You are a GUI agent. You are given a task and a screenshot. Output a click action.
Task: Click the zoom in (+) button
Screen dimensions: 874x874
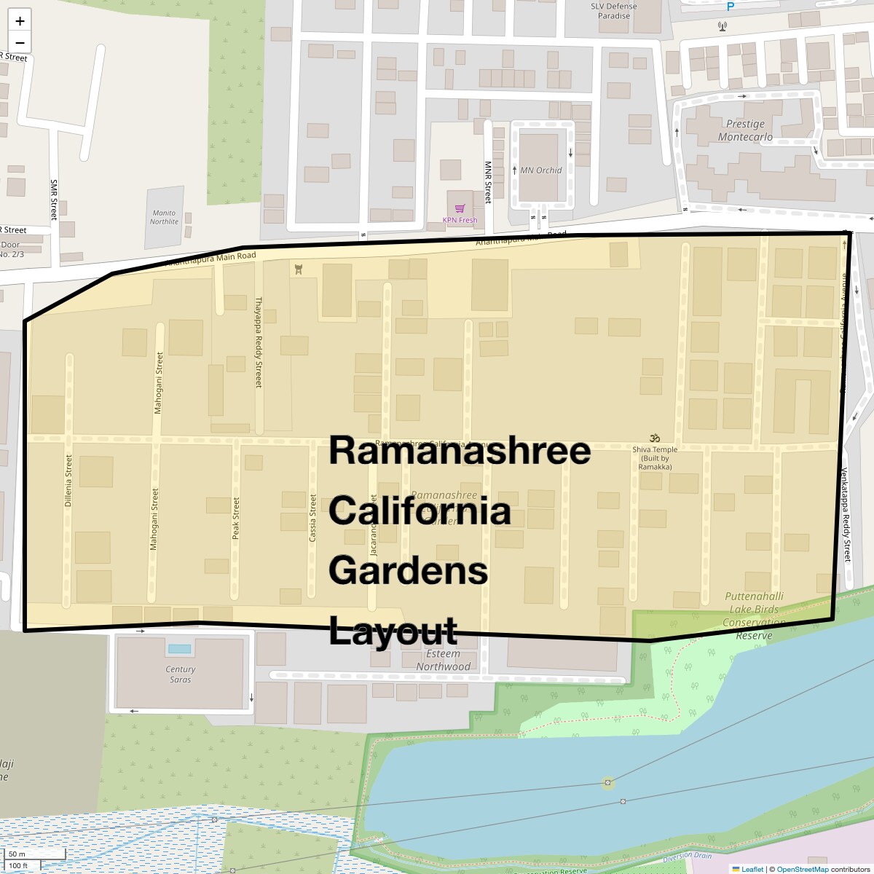click(20, 21)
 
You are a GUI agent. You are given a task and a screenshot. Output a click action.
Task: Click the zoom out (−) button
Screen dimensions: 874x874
click(20, 42)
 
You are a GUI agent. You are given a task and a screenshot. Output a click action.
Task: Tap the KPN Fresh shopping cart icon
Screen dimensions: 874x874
click(460, 209)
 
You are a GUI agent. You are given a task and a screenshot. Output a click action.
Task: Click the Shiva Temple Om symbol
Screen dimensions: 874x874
click(655, 438)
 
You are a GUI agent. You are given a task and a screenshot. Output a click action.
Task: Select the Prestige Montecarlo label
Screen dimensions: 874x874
click(745, 130)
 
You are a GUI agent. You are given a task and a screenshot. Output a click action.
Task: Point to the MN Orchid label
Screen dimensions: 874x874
click(540, 170)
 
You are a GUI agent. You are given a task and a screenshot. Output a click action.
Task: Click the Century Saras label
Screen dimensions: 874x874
click(180, 674)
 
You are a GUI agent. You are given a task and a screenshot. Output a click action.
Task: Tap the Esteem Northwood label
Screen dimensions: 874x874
click(443, 660)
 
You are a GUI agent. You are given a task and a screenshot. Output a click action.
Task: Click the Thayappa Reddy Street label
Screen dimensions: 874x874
click(259, 342)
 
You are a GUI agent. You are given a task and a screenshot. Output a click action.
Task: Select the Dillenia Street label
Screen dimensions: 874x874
click(68, 481)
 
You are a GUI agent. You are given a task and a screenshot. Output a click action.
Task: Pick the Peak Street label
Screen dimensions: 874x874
click(235, 518)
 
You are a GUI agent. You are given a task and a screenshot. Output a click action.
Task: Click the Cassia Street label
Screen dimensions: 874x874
click(312, 518)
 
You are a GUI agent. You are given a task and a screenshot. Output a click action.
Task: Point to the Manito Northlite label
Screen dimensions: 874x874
click(164, 217)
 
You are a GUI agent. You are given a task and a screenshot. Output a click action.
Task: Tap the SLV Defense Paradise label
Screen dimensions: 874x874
click(614, 10)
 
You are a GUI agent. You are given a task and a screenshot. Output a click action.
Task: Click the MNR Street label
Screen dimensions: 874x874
click(488, 182)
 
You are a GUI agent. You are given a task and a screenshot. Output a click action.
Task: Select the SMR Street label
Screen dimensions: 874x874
click(54, 200)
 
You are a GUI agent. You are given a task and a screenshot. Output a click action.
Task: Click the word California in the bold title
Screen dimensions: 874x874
click(420, 511)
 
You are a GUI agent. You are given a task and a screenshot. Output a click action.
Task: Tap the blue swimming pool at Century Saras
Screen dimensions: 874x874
click(179, 648)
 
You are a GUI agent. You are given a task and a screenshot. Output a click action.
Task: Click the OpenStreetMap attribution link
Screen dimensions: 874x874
click(802, 869)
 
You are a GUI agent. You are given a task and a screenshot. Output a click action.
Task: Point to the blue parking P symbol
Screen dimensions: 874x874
click(731, 7)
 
